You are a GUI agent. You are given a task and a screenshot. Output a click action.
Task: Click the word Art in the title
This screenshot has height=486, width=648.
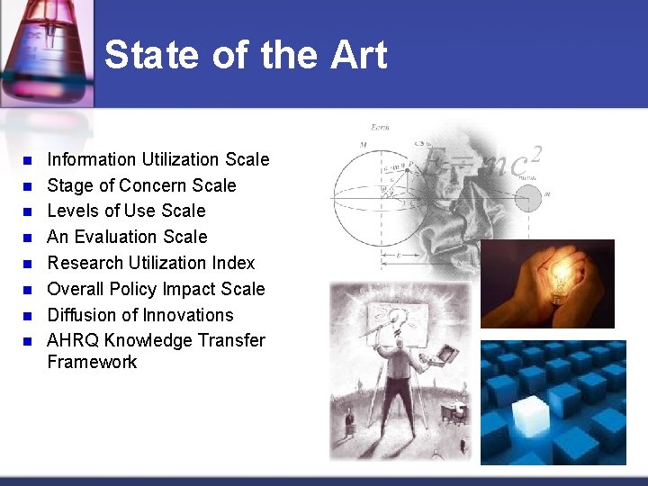[x=358, y=55]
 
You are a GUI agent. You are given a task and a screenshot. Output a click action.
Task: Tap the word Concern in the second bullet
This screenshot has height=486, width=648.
[x=150, y=185]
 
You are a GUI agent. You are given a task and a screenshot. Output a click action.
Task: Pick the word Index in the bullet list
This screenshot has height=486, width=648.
[x=233, y=263]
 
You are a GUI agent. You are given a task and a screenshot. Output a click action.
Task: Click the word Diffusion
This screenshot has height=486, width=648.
[x=82, y=315]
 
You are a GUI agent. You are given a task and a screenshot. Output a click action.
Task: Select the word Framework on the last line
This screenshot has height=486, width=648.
[x=92, y=362]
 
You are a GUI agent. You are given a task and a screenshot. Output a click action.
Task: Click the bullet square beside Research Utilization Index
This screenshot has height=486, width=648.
[x=27, y=264]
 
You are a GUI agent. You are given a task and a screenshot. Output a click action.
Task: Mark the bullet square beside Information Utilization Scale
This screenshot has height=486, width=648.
[x=27, y=160]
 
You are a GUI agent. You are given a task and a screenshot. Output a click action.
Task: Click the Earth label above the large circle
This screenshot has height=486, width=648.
[x=381, y=127]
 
